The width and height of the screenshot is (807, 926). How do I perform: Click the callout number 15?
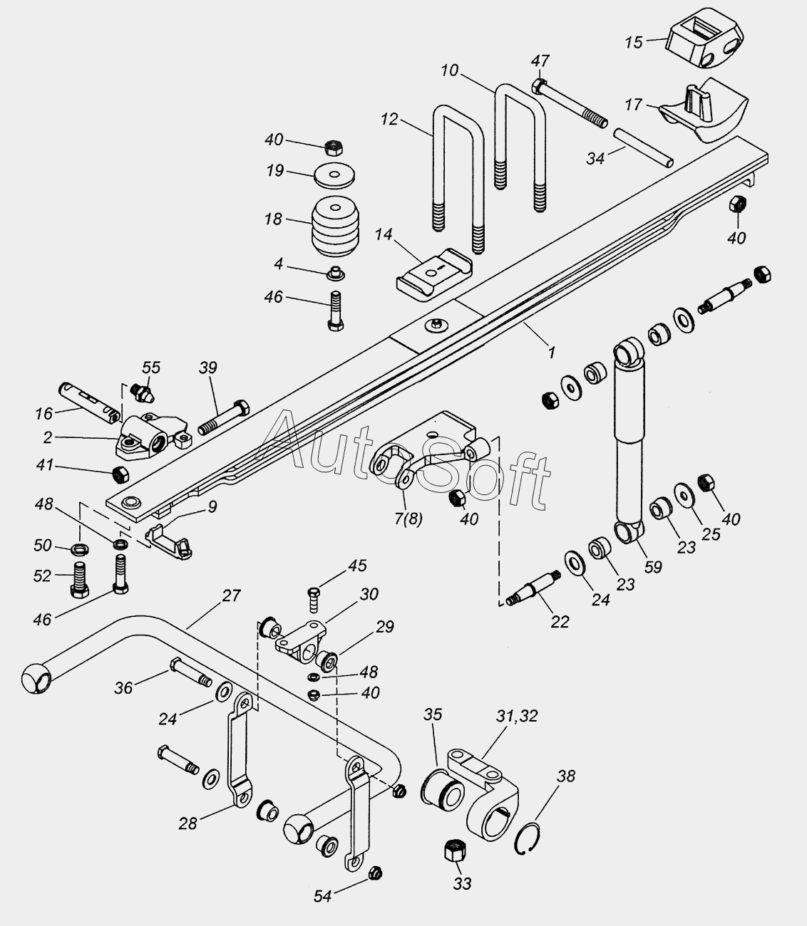pyautogui.click(x=634, y=43)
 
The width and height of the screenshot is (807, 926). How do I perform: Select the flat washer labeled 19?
pyautogui.click(x=336, y=173)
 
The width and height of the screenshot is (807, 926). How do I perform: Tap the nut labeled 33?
pyautogui.click(x=454, y=851)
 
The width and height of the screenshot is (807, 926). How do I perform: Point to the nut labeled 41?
pyautogui.click(x=120, y=473)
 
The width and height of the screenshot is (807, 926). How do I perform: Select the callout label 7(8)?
pyautogui.click(x=408, y=518)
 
